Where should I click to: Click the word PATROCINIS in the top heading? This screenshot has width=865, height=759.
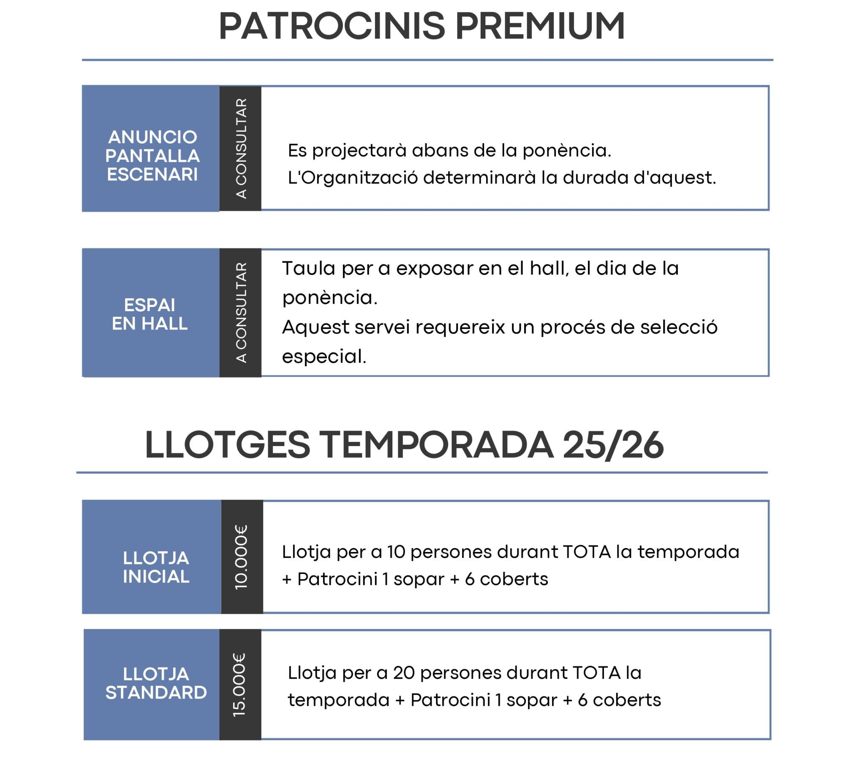332,26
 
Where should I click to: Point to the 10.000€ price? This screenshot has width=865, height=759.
242,557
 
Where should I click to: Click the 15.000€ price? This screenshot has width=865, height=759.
240,685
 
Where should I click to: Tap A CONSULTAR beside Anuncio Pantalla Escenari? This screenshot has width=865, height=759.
241,149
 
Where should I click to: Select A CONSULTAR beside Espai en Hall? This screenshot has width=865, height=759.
241,313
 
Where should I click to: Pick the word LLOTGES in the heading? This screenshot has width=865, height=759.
227,445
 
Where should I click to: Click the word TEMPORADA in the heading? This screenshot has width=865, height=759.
436,445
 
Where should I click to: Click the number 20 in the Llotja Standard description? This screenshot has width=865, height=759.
404,673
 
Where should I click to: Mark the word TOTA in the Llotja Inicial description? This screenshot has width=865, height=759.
587,552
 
